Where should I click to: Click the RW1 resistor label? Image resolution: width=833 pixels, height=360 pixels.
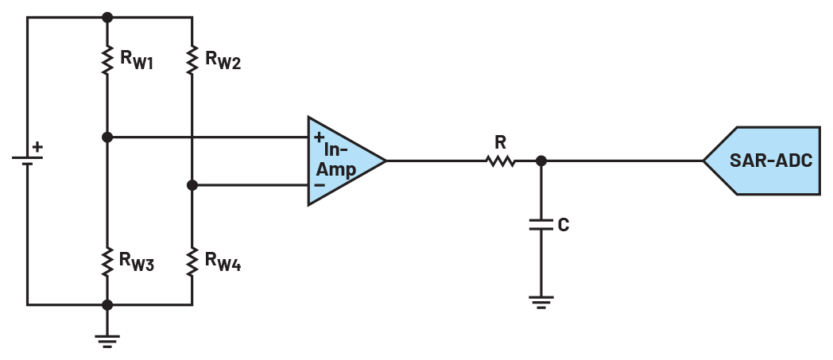coord(137,60)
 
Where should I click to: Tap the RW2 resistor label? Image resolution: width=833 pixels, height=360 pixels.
coord(223,60)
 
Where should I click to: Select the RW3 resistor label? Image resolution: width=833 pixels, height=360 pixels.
coord(137,261)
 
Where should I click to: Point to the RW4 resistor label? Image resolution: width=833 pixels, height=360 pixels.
coord(223,261)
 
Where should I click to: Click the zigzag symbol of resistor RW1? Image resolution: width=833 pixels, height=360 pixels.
coord(107,60)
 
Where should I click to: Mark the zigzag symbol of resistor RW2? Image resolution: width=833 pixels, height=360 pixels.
coord(192,60)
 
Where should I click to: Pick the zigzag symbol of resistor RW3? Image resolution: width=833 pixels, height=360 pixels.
coord(107,261)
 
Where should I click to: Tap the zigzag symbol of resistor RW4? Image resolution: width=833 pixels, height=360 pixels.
coord(192,261)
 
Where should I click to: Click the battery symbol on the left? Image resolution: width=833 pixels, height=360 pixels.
coord(27,161)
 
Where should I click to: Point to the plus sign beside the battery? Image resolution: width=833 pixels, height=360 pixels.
coord(37,147)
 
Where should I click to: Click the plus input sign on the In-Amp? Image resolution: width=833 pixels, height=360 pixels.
coord(319,137)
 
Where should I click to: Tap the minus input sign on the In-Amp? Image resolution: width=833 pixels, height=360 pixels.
coord(320,185)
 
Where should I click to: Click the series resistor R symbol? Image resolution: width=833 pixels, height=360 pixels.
coord(501,161)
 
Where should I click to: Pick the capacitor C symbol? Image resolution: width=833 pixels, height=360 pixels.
coord(541,225)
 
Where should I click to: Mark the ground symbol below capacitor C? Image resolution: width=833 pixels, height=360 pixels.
coord(541,302)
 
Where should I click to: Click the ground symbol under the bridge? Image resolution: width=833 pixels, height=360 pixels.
coord(107,341)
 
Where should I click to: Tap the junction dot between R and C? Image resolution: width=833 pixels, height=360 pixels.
coord(541,161)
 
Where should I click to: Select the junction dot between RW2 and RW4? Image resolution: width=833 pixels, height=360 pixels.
coord(192,185)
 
